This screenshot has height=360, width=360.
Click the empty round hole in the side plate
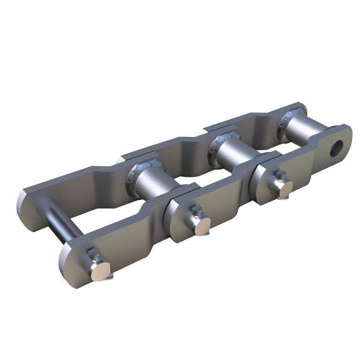click(336, 148)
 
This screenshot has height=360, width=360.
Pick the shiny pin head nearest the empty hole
click(285, 190)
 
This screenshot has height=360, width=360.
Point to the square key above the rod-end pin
click(93, 254)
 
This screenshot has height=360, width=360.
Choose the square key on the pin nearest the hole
click(279, 175)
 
